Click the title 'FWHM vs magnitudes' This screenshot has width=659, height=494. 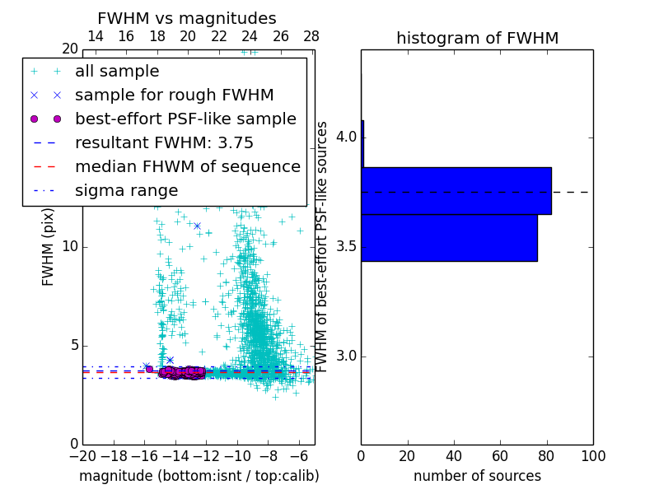pyautogui.click(x=187, y=18)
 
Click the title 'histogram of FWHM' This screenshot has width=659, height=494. pyautogui.click(x=477, y=38)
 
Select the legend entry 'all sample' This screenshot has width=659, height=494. pyautogui.click(x=117, y=72)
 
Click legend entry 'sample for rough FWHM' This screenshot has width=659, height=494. pyautogui.click(x=174, y=96)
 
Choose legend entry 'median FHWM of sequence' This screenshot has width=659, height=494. pyautogui.click(x=187, y=166)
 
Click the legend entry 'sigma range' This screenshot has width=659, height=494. pyautogui.click(x=126, y=190)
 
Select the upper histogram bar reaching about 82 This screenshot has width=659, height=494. pyautogui.click(x=456, y=191)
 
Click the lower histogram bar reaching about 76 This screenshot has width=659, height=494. pyautogui.click(x=449, y=238)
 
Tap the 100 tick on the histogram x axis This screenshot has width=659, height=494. pyautogui.click(x=592, y=456)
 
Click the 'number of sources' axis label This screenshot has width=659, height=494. pyautogui.click(x=477, y=476)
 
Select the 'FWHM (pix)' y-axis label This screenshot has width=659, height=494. pyautogui.click(x=49, y=247)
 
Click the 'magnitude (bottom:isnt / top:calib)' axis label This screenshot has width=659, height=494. pyautogui.click(x=199, y=476)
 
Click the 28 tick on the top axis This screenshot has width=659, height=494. pyautogui.click(x=311, y=36)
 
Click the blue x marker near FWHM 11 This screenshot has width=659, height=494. pyautogui.click(x=197, y=226)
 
